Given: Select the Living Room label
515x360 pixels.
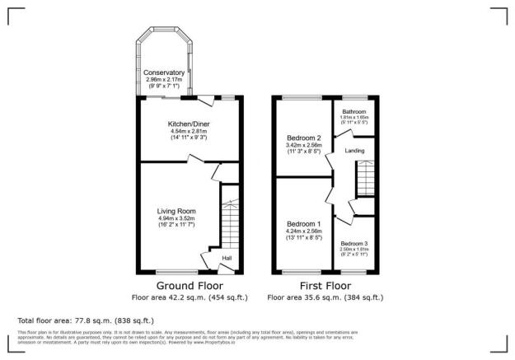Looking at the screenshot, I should pyautogui.click(x=176, y=211).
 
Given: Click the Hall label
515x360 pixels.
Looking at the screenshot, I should pyautogui.click(x=226, y=258).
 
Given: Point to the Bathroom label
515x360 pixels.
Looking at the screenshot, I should pyautogui.click(x=354, y=111).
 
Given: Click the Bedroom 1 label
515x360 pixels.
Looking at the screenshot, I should pyautogui.click(x=303, y=223).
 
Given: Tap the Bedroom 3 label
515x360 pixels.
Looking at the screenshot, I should pyautogui.click(x=354, y=242).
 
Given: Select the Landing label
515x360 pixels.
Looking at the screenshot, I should pyautogui.click(x=355, y=149).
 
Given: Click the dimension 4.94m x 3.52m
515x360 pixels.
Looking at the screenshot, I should pyautogui.click(x=176, y=218).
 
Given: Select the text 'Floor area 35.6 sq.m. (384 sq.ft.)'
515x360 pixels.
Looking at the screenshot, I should pyautogui.click(x=325, y=297).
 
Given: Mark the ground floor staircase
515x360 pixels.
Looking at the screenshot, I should pyautogui.click(x=229, y=222).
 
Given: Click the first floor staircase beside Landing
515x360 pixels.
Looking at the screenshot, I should pyautogui.click(x=365, y=178).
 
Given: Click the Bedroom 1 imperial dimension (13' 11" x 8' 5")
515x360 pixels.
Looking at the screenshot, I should pyautogui.click(x=303, y=238).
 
